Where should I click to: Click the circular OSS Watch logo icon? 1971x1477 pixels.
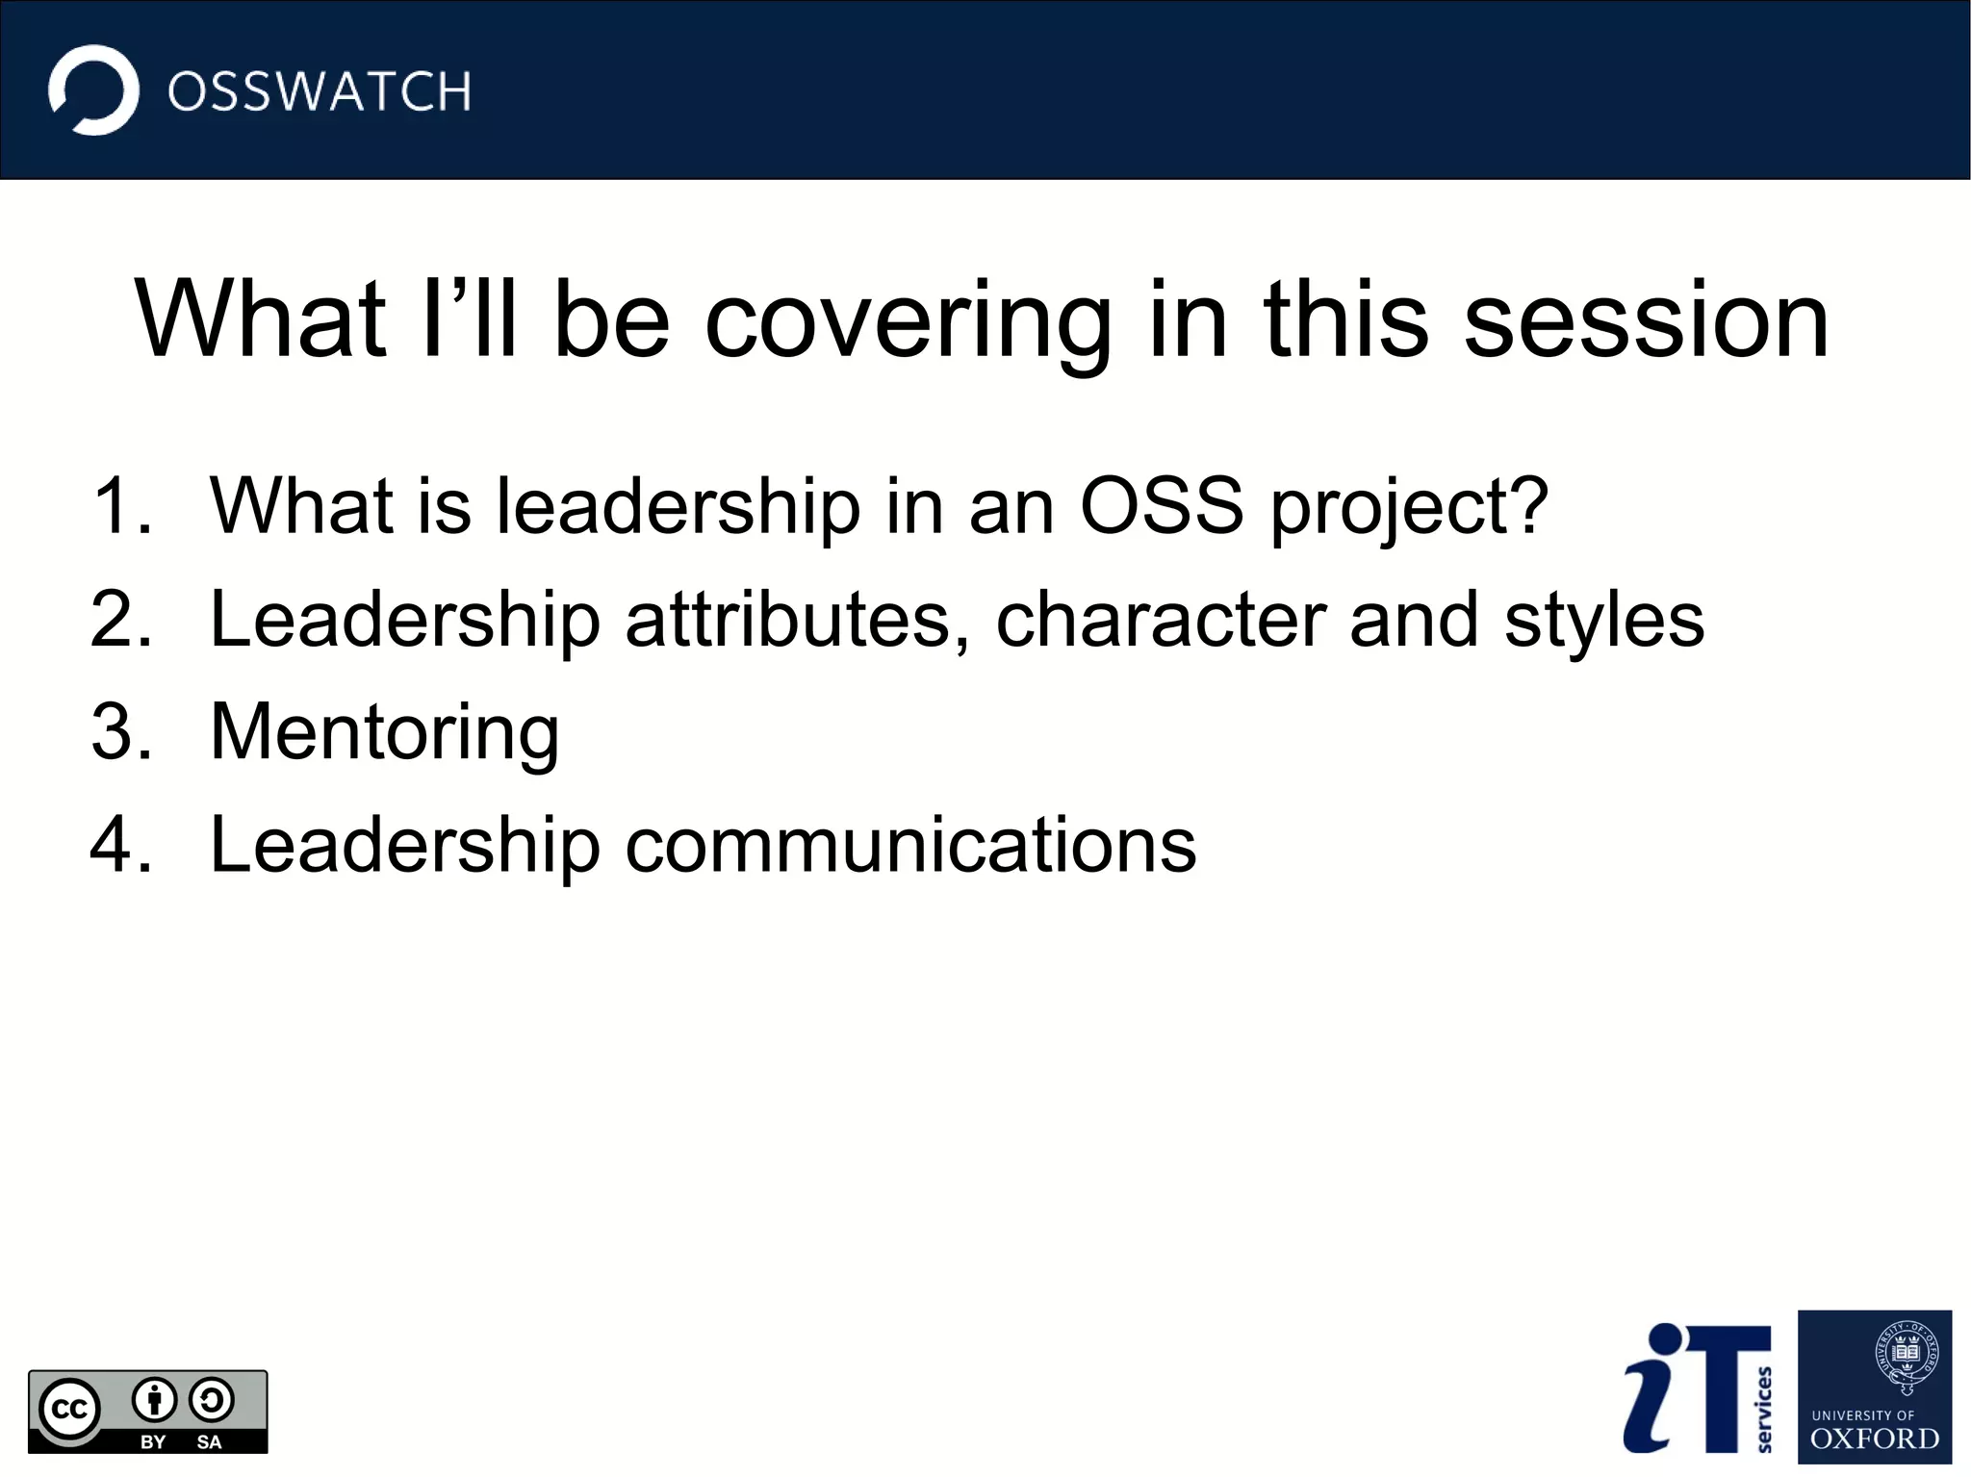[93, 90]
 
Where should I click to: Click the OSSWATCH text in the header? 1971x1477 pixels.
[319, 92]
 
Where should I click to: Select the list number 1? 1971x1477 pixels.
[122, 506]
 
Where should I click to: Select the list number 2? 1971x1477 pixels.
[122, 619]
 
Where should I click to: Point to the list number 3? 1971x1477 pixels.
[122, 731]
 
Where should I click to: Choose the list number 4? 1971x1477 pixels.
[122, 844]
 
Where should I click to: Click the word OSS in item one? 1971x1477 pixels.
[1162, 506]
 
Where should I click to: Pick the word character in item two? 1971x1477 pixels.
[1161, 619]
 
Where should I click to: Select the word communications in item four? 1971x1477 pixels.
[910, 844]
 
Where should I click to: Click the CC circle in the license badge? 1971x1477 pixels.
[69, 1409]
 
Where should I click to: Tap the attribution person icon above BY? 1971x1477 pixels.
[154, 1400]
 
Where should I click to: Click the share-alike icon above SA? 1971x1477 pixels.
[211, 1400]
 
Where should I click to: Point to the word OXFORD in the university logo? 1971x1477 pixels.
[1875, 1439]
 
